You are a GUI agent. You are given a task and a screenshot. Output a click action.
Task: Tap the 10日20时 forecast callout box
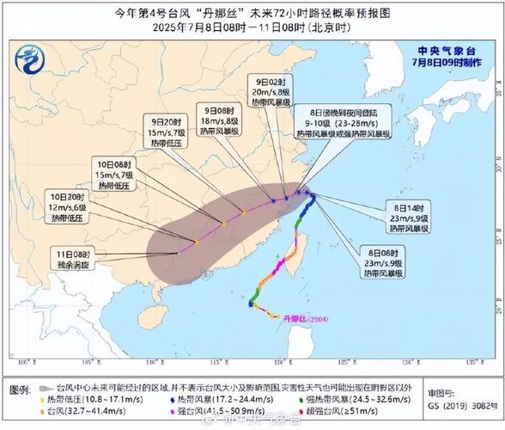[67, 207]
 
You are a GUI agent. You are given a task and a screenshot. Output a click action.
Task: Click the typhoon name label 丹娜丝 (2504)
[306, 319]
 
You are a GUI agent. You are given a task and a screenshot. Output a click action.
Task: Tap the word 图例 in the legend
[21, 390]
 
